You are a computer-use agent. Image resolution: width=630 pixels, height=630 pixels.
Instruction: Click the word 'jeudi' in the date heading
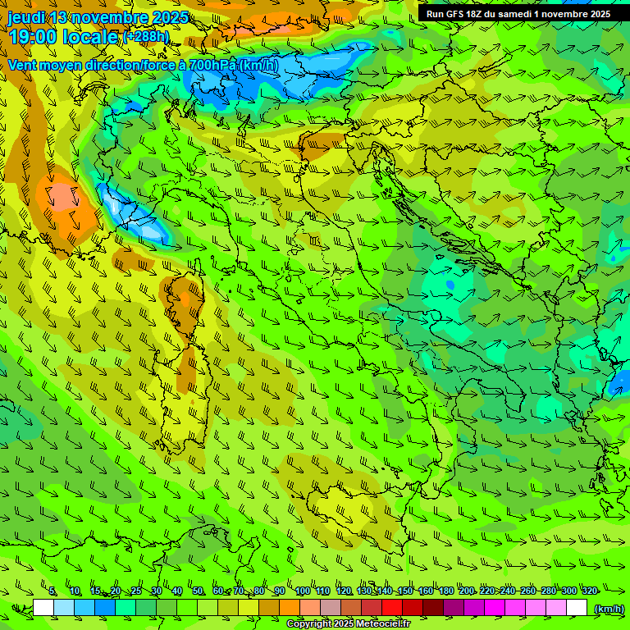point(26,17)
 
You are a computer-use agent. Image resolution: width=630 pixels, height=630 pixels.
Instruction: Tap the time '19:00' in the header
point(32,37)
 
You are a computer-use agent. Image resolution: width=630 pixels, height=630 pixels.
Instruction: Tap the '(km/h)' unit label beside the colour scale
point(608,608)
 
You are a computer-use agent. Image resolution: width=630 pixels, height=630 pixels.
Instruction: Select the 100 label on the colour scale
point(302,591)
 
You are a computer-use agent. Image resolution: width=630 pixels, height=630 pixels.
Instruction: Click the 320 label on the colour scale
point(589,591)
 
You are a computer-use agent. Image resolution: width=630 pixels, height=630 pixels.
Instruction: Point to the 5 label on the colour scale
point(52,591)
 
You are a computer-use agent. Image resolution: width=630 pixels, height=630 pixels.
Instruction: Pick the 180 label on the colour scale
point(445,591)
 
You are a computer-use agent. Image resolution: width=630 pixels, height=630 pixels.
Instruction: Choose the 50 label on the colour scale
point(198,591)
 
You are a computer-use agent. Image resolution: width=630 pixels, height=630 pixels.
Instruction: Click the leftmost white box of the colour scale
point(43,608)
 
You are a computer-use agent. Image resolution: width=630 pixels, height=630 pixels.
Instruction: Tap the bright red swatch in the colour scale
point(392,608)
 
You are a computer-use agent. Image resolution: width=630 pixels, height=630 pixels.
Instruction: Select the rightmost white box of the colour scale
point(577,608)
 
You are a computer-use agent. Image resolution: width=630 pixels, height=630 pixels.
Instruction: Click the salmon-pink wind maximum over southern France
point(62,198)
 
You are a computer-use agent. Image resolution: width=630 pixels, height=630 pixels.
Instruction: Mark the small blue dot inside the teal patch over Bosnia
point(450,285)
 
